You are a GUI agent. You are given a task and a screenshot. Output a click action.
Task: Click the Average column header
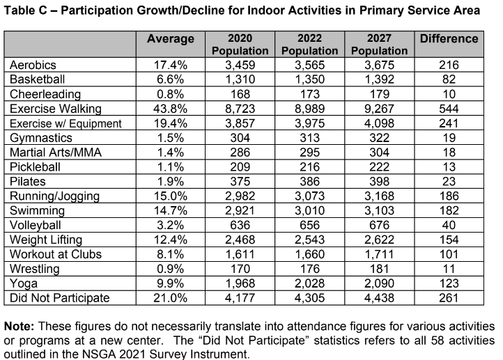click(x=170, y=39)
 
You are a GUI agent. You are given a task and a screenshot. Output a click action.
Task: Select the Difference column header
click(x=449, y=39)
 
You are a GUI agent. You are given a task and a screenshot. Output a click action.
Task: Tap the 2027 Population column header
click(x=379, y=45)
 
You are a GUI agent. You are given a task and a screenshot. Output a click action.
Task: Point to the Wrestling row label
click(x=35, y=269)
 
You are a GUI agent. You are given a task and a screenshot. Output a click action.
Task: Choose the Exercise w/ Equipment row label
click(x=65, y=123)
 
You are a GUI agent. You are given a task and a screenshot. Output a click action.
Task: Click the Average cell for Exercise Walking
click(x=170, y=109)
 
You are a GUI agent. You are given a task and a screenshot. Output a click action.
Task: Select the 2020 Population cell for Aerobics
click(x=240, y=65)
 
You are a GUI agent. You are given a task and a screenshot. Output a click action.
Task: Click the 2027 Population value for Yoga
click(x=379, y=283)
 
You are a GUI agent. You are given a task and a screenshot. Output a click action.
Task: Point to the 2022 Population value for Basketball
click(x=309, y=79)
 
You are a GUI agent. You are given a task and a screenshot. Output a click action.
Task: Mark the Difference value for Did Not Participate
click(x=449, y=298)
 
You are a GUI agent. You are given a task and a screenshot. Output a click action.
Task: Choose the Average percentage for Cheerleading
click(x=170, y=94)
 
